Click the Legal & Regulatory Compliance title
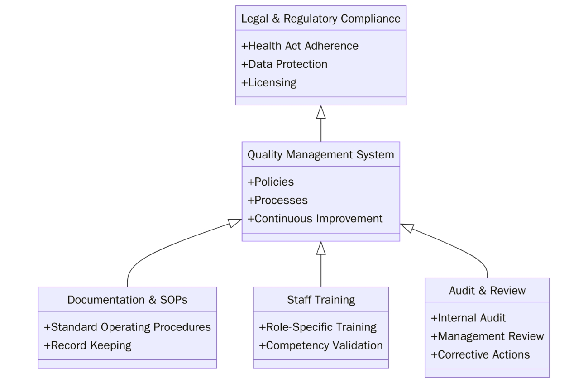(x=320, y=19)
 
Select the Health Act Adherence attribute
(x=300, y=46)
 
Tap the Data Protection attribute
(x=284, y=64)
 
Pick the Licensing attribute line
(x=269, y=82)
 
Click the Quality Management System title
(x=320, y=154)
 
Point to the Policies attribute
(x=271, y=182)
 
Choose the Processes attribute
(x=277, y=200)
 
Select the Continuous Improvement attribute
(x=315, y=219)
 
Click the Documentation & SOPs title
(x=127, y=300)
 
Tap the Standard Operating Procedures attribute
(x=127, y=327)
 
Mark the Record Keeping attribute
(x=87, y=345)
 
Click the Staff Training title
(x=321, y=300)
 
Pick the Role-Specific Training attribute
(x=318, y=327)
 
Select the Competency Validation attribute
(x=321, y=345)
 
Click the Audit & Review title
(x=487, y=291)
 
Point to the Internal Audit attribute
(x=468, y=318)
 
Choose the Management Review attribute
(x=487, y=336)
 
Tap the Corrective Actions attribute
(x=480, y=354)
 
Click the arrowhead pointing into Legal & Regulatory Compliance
(x=321, y=112)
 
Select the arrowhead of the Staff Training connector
(x=321, y=248)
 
